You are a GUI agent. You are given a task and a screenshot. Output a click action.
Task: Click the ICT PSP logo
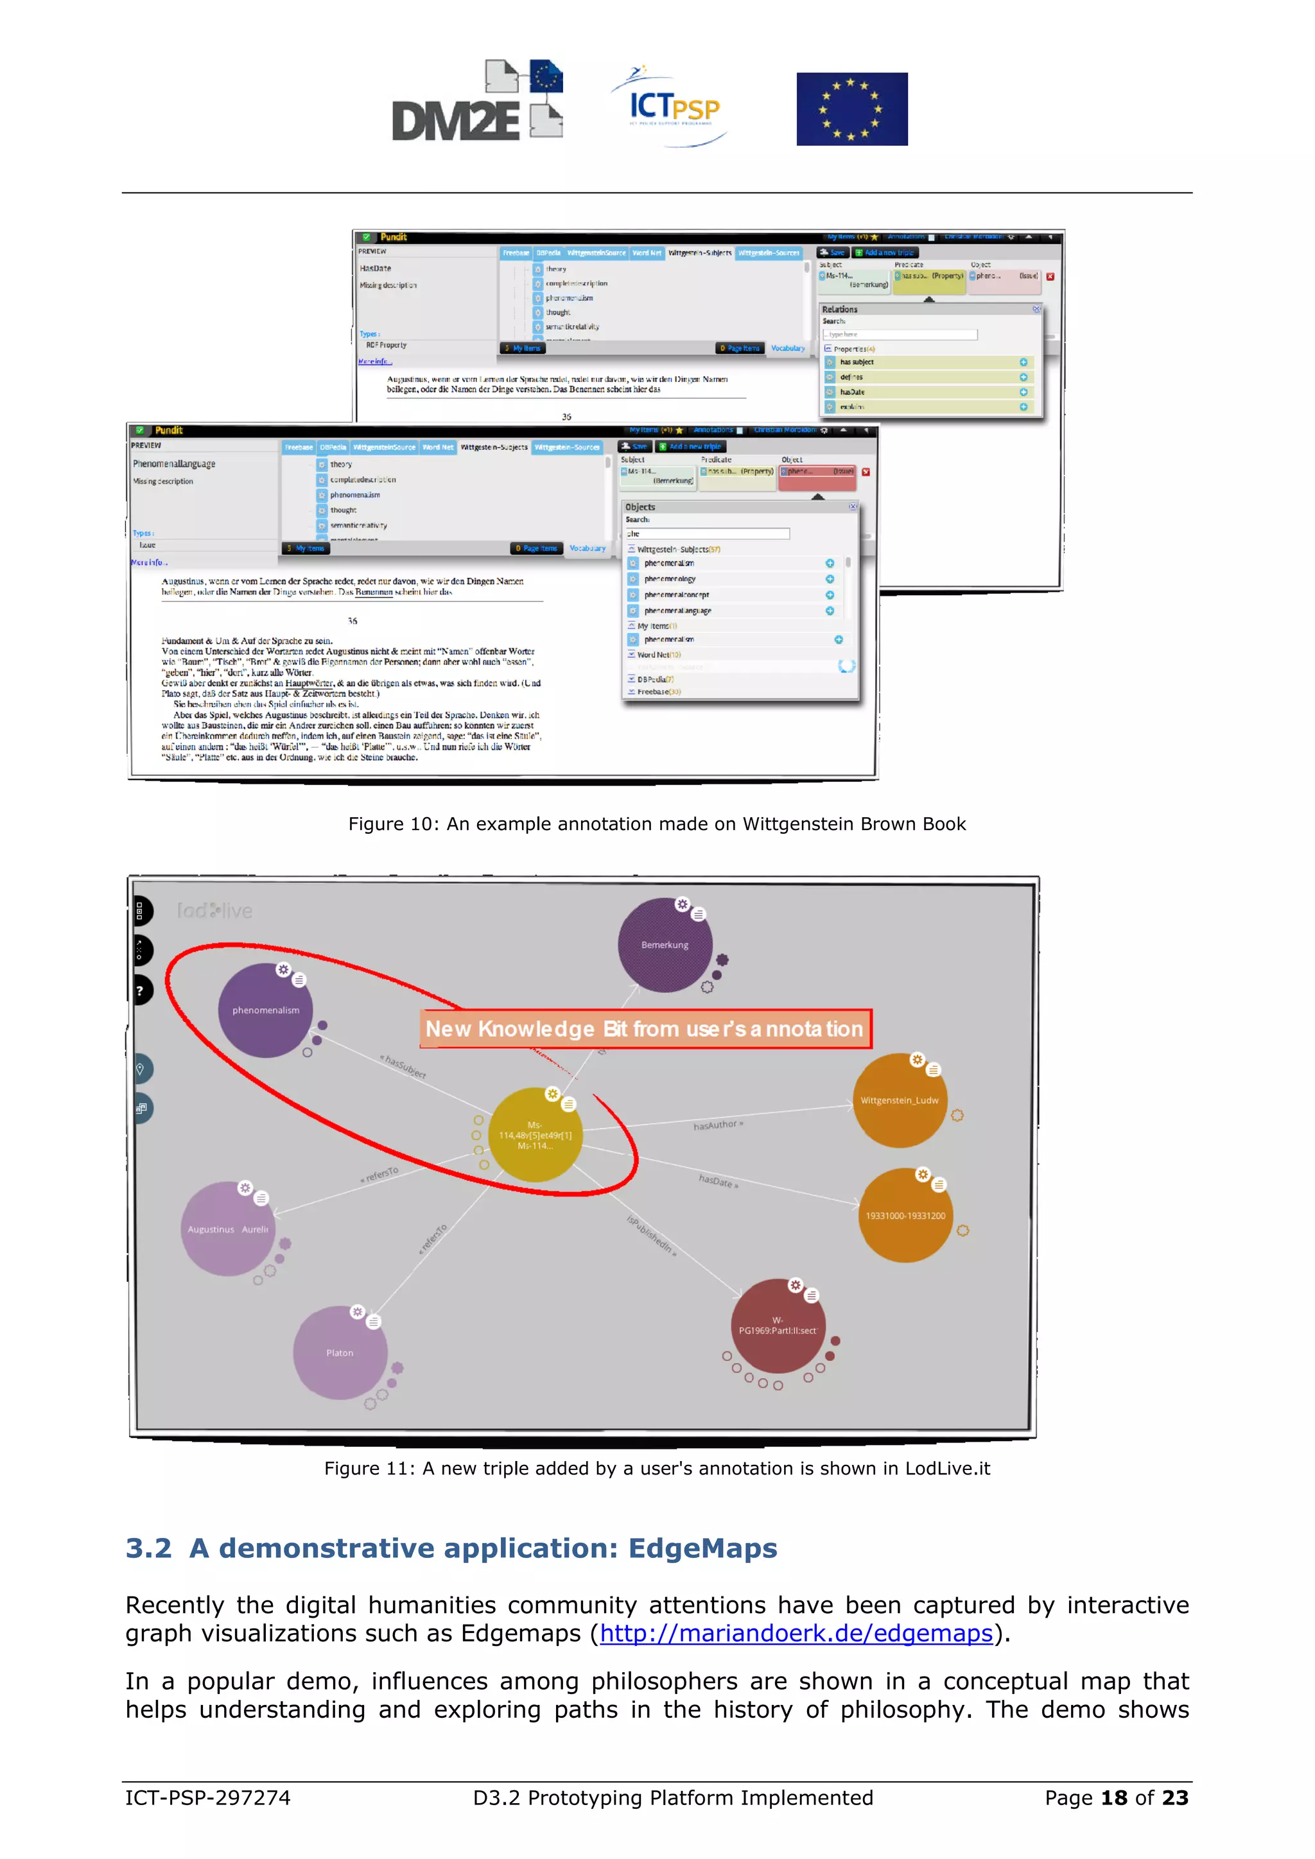point(671,106)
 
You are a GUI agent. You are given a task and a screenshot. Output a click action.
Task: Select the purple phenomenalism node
point(266,1010)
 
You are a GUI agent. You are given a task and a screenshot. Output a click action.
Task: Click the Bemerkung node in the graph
point(665,945)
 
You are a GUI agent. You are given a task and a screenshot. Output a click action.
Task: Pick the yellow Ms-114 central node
point(536,1135)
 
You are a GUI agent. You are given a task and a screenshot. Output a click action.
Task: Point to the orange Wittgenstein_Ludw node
point(900,1100)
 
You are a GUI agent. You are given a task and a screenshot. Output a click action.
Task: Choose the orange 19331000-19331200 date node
point(905,1215)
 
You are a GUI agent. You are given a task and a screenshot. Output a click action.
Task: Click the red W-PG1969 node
point(778,1326)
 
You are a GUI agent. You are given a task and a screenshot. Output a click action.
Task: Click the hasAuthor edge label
point(717,1125)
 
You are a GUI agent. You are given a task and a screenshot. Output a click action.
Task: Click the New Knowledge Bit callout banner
point(645,1029)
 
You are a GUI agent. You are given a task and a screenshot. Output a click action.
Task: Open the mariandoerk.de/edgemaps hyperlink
point(796,1633)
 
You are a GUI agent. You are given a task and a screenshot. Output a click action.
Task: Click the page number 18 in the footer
point(1113,1797)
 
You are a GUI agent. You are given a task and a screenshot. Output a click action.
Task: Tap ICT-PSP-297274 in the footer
point(207,1797)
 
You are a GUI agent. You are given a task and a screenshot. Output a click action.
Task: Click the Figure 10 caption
point(657,824)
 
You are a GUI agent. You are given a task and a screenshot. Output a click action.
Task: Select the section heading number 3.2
point(149,1548)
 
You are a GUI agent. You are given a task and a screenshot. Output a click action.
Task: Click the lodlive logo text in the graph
point(214,911)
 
